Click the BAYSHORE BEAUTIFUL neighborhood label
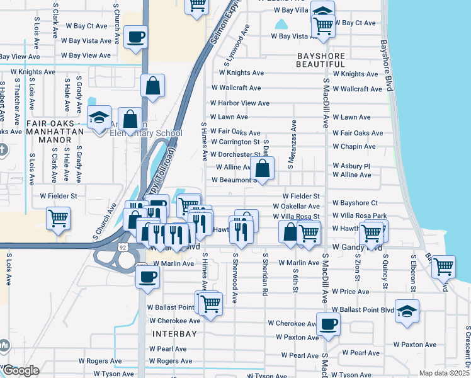tap(321, 60)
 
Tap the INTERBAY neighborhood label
tap(174, 333)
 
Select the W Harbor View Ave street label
tap(240, 103)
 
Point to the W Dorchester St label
tap(235, 154)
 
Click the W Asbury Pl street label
tap(351, 166)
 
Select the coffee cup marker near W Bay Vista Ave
tap(135, 37)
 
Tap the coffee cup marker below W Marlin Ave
tap(148, 276)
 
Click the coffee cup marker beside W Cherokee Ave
tap(328, 324)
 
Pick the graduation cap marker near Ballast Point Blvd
tap(407, 311)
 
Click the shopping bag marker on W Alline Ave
tap(263, 168)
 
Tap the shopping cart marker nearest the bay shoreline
tap(444, 266)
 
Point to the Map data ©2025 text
tap(443, 373)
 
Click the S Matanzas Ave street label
tap(292, 146)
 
